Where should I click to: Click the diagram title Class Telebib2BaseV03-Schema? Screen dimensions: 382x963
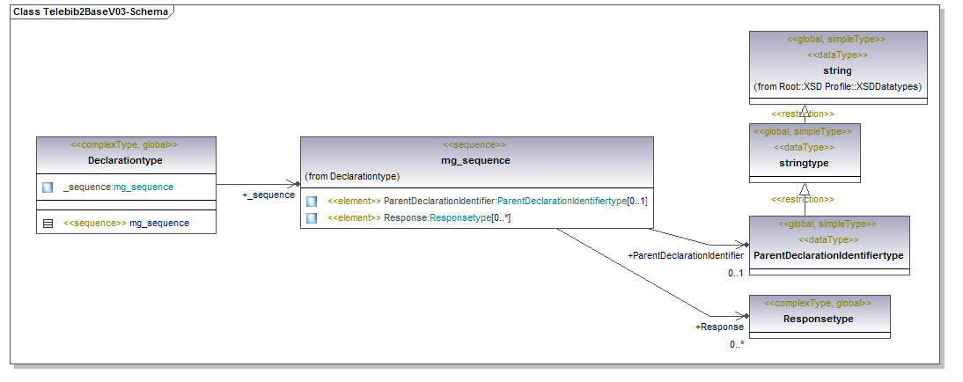pos(90,12)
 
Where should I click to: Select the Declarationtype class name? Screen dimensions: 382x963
pos(125,160)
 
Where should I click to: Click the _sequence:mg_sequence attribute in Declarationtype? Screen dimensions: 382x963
pos(118,187)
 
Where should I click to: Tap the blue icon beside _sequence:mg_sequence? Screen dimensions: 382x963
pos(48,187)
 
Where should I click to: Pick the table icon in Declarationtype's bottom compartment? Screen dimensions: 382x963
pos(48,224)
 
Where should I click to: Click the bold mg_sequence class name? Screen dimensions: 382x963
pos(475,160)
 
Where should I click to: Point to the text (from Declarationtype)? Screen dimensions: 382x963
pos(352,177)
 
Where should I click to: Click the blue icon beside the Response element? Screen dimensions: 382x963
pos(312,217)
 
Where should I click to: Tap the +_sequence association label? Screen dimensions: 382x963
pos(268,195)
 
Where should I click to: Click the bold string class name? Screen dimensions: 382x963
pos(837,70)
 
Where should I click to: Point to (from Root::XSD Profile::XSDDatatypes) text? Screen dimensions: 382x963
pos(837,86)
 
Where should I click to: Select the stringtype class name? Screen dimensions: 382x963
pos(805,163)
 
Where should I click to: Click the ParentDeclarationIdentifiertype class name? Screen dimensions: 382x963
pos(828,255)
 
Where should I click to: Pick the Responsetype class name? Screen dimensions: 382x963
pos(819,319)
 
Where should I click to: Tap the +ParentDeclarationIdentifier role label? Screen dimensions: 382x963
pos(686,255)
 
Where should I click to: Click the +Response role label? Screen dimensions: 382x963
pos(719,327)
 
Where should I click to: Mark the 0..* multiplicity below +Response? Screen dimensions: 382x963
pos(737,344)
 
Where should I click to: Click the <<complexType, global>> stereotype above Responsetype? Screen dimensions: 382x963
pos(819,303)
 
